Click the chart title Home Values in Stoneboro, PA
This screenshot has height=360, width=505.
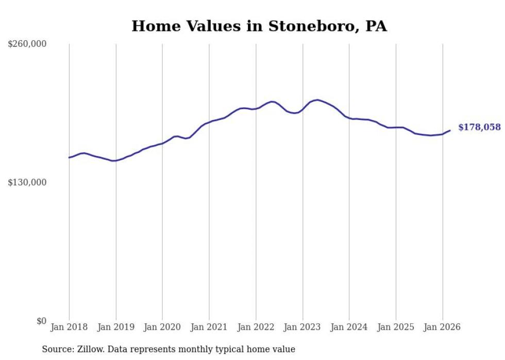point(259,26)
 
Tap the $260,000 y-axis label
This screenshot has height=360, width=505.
point(27,44)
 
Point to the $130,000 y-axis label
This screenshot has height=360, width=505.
point(27,182)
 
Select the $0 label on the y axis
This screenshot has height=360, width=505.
point(42,321)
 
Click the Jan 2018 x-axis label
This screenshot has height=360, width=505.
point(69,327)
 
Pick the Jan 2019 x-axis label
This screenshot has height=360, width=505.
point(116,327)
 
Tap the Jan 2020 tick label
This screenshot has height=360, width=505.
point(162,327)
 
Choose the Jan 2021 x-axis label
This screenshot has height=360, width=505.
point(209,327)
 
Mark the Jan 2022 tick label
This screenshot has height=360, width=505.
point(256,327)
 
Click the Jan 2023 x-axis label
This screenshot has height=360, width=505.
point(302,327)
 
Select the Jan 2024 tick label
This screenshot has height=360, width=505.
point(349,327)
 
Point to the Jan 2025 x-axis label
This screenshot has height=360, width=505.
point(396,327)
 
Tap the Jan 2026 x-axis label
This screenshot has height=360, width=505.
point(442,327)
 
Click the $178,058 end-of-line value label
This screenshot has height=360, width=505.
point(479,127)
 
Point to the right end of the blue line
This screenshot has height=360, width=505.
point(450,130)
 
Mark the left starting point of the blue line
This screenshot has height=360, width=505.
point(69,158)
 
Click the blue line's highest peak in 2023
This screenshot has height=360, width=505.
point(317,100)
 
